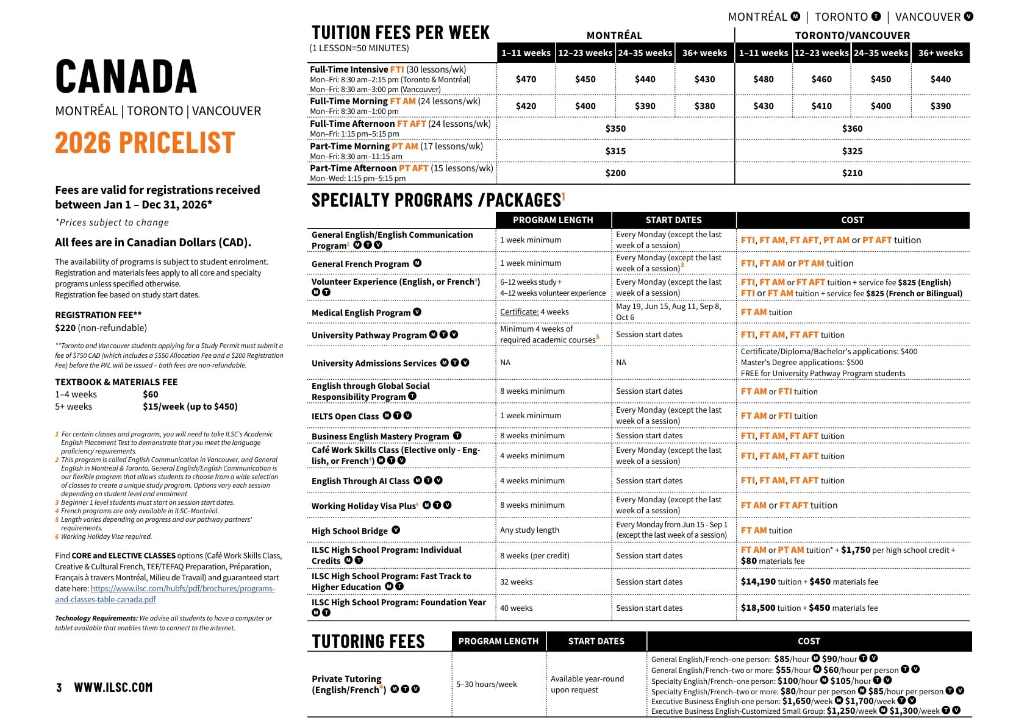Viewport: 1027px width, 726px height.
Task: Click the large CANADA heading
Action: point(126,77)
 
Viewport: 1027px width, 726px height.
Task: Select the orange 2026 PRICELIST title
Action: point(145,143)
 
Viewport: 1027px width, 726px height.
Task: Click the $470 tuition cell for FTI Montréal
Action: point(526,79)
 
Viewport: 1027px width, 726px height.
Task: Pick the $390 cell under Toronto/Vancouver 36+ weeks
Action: point(940,106)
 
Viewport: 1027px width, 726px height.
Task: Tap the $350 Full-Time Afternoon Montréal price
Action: point(615,129)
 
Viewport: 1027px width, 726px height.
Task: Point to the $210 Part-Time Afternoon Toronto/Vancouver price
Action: point(852,173)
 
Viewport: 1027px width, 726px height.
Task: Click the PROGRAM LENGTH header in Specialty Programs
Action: point(553,220)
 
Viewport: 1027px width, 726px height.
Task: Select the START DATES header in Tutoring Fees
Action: point(596,641)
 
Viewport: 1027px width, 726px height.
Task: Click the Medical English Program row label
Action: point(361,313)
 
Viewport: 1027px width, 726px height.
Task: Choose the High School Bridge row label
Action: point(349,531)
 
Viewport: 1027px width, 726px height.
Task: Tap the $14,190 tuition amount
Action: point(758,582)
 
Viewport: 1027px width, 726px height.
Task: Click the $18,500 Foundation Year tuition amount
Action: point(757,608)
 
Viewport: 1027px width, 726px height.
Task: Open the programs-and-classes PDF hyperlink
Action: point(165,594)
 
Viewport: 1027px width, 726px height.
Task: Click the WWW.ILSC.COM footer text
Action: point(113,688)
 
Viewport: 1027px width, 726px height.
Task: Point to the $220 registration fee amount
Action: point(65,328)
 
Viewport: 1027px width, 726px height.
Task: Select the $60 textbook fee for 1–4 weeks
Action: point(150,394)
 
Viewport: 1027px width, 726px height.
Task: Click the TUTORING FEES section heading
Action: point(368,641)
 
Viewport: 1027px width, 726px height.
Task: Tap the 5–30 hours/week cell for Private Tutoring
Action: point(486,685)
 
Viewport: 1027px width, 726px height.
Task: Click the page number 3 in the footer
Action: point(59,688)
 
